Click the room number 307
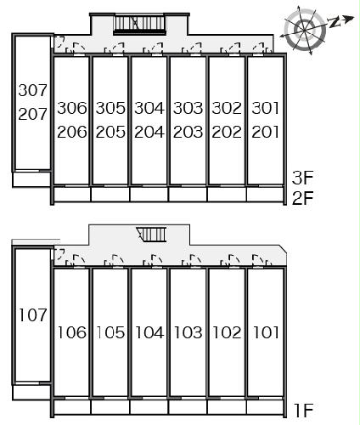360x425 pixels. click(32, 90)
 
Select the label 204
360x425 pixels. click(149, 132)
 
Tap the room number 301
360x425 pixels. click(265, 108)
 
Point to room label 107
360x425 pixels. click(32, 315)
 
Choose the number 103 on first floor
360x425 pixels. click(188, 332)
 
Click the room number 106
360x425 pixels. click(72, 332)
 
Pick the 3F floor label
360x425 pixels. click(303, 178)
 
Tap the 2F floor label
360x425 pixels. click(303, 198)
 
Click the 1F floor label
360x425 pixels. click(303, 410)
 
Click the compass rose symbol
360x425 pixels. click(305, 30)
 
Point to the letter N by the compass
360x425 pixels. click(335, 22)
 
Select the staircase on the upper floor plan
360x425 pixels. click(139, 25)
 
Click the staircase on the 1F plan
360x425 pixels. click(151, 235)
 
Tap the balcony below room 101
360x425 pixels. click(265, 407)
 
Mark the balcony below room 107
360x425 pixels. click(31, 393)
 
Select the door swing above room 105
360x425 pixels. click(114, 261)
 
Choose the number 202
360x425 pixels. click(227, 132)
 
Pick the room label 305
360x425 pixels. click(110, 108)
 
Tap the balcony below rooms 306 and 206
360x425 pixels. click(72, 195)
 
